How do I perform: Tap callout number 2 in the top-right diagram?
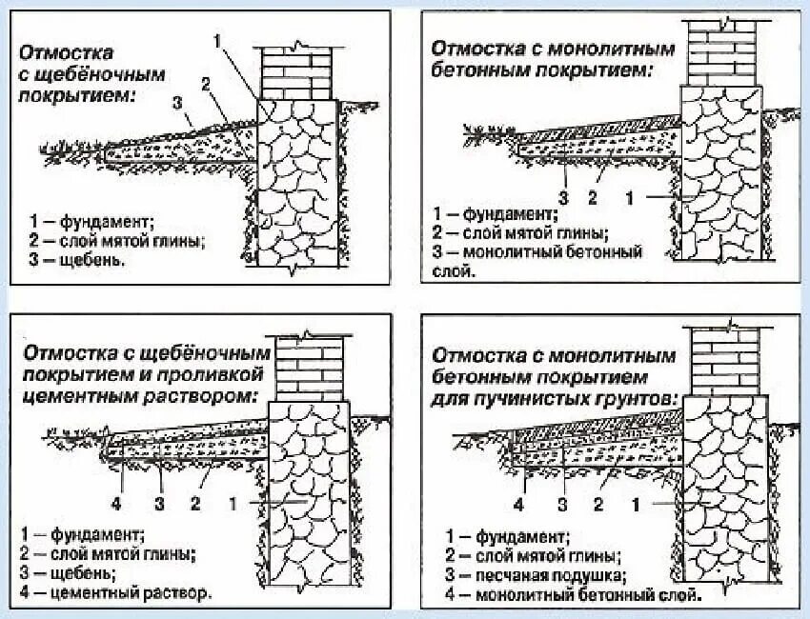click(x=591, y=197)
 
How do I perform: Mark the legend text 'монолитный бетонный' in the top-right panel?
click(x=554, y=252)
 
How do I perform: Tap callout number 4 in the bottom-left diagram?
click(x=115, y=501)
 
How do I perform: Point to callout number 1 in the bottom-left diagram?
click(x=233, y=501)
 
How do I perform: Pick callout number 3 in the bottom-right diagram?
click(x=563, y=502)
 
